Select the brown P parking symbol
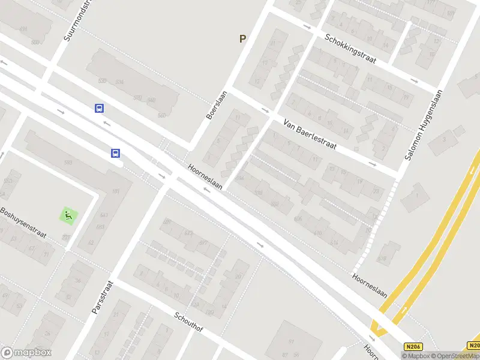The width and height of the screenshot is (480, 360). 242,39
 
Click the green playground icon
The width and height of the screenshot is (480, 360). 68,215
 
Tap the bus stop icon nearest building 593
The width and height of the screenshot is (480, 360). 115,153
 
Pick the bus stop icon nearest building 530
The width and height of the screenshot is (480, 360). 99,108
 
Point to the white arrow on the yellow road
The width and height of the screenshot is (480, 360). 403,310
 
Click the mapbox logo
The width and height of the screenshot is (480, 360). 26,353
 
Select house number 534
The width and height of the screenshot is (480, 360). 119,82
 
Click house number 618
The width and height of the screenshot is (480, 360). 382,259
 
